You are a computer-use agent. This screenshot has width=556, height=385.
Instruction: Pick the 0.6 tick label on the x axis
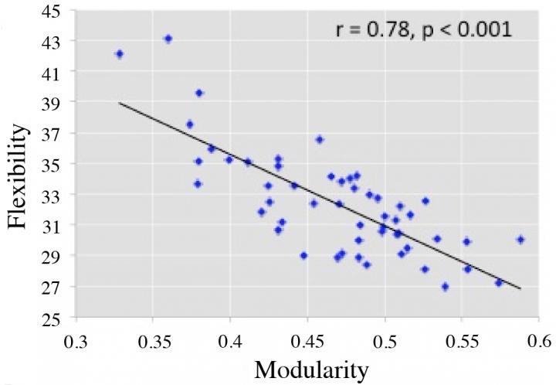click(x=538, y=339)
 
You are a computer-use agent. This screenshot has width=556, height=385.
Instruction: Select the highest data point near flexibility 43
click(x=168, y=39)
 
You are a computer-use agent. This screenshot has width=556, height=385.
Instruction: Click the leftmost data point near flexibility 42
click(x=119, y=54)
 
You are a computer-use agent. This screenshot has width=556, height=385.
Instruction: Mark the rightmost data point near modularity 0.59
click(x=520, y=240)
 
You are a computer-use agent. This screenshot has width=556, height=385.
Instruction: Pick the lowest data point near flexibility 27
click(x=445, y=287)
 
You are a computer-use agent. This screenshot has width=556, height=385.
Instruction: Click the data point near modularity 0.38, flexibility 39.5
click(x=199, y=93)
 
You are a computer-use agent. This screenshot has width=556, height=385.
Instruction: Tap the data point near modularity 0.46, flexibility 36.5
click(x=319, y=140)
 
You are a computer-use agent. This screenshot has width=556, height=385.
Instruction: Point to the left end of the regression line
click(x=119, y=103)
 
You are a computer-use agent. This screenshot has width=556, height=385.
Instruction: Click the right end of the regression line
click(x=521, y=289)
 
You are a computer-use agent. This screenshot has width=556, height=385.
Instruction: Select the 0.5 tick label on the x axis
click(x=385, y=339)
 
